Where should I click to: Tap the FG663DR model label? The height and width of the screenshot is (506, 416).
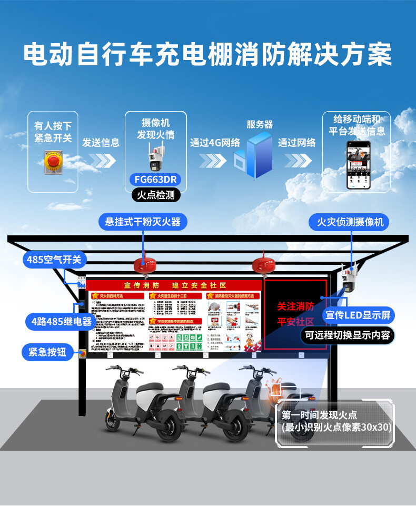(x=155, y=179)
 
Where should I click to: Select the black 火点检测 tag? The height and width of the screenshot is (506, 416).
(x=155, y=195)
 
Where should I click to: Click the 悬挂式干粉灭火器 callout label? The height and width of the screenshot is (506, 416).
(x=143, y=222)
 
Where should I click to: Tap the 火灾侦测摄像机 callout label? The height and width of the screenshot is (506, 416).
(x=350, y=222)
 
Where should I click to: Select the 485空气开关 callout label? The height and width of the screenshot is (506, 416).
(x=55, y=260)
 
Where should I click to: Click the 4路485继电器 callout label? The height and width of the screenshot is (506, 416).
(x=62, y=321)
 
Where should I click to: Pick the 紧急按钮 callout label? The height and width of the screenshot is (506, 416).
(x=47, y=351)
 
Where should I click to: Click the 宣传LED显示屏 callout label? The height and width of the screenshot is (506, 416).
(x=358, y=315)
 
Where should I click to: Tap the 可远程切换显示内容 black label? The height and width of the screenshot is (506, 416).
(x=347, y=335)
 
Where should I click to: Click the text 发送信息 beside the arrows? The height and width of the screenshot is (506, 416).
(x=101, y=143)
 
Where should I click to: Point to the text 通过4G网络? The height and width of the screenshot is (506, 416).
(x=215, y=143)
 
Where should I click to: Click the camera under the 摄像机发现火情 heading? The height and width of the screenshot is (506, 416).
(x=155, y=156)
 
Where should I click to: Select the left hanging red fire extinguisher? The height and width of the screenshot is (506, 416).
(x=143, y=264)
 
